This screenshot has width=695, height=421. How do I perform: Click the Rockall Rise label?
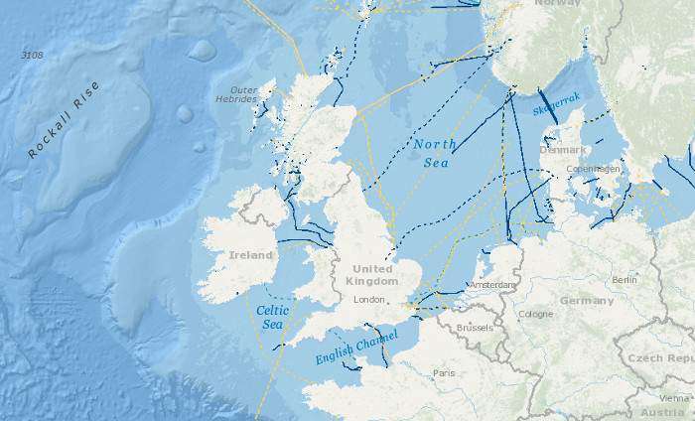(x=64, y=120)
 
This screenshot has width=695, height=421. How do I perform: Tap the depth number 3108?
(x=32, y=55)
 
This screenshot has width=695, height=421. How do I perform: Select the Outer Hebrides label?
(x=236, y=93)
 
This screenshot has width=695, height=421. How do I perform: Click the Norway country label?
(x=557, y=3)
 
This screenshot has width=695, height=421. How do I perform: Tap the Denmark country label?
(x=562, y=150)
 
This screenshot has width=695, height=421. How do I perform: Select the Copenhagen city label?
(x=593, y=169)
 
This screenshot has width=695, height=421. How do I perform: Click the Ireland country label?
(x=250, y=255)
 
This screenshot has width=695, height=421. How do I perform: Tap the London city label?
(x=368, y=299)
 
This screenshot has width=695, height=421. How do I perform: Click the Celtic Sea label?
(x=272, y=317)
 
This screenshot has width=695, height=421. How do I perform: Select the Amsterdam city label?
(x=492, y=285)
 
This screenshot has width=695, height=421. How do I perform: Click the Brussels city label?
(x=476, y=327)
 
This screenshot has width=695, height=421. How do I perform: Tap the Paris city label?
(x=443, y=373)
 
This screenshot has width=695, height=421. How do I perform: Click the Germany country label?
(x=587, y=300)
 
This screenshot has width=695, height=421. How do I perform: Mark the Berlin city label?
(x=625, y=280)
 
